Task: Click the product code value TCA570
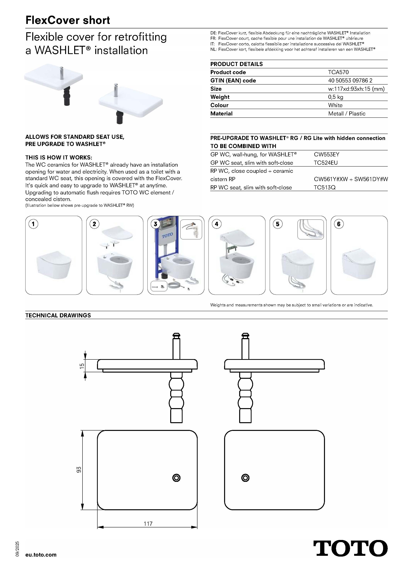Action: pos(338,72)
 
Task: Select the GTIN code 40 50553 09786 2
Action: pos(350,81)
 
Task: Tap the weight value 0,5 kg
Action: pos(335,97)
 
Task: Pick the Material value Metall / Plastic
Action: pos(347,114)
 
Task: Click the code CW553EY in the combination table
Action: pos(326,154)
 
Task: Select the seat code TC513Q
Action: pos(324,187)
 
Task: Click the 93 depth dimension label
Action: pos(79,470)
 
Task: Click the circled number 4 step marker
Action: pos(216,224)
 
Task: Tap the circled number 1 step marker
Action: pos(33,224)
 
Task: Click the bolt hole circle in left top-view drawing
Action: pos(176,478)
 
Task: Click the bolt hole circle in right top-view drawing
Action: pos(245,478)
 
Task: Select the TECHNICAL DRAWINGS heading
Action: pos(58,315)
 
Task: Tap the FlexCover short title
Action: pos(68,20)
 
